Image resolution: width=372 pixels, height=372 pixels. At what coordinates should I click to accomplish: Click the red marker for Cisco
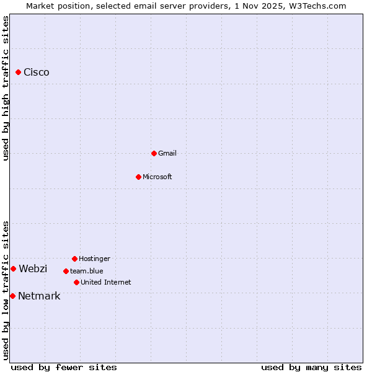[x=18, y=73]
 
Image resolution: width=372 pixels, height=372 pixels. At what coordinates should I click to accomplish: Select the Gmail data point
[x=154, y=153]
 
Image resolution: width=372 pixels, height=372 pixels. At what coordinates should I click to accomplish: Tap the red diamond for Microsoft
[x=138, y=177]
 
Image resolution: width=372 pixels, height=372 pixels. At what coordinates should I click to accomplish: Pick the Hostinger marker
[x=74, y=259]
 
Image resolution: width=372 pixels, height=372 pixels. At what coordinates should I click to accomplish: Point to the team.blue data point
[x=66, y=271]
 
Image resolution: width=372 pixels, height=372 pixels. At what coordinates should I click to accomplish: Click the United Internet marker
[x=76, y=282]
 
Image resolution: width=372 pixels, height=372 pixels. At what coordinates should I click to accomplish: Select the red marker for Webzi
[x=13, y=268]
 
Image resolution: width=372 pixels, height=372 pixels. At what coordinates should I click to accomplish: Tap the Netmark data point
[x=12, y=296]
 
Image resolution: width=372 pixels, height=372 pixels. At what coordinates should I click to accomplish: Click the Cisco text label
[x=37, y=73]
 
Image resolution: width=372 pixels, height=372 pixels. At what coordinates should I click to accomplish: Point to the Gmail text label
[x=167, y=153]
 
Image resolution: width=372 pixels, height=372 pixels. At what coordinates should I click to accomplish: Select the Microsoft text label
[x=157, y=177]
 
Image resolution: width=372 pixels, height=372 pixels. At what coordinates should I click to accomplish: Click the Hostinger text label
[x=94, y=259]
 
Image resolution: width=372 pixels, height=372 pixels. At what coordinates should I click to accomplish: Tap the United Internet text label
[x=106, y=282]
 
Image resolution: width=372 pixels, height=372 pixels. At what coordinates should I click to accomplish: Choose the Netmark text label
[x=39, y=296]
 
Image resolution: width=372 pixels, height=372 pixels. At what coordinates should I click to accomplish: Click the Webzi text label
[x=33, y=268]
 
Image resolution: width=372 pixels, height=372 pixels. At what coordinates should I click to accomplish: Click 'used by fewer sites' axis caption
[x=64, y=367]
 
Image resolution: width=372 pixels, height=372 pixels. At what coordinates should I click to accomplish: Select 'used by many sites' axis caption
[x=311, y=367]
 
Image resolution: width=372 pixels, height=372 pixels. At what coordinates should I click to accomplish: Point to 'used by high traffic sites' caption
[x=6, y=88]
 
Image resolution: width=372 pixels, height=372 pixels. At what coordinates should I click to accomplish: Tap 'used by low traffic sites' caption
[x=6, y=290]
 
